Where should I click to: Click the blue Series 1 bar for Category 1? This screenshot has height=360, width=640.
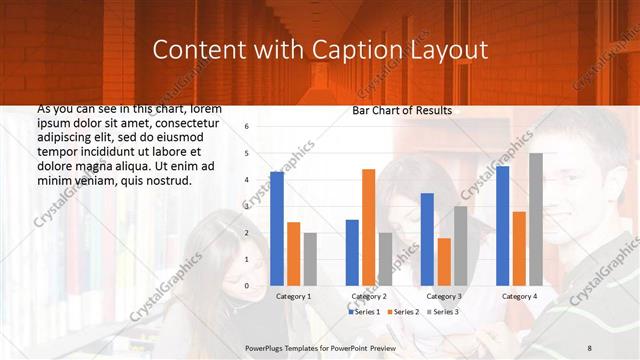[277, 229]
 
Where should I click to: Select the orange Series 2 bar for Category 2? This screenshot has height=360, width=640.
[368, 227]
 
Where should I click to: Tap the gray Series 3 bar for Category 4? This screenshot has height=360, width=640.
[536, 219]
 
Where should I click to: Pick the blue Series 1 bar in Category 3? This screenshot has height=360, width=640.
[427, 239]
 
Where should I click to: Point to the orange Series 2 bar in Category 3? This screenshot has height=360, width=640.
[443, 262]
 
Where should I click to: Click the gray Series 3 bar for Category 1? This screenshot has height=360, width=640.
[310, 259]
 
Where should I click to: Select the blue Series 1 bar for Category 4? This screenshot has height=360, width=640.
[502, 226]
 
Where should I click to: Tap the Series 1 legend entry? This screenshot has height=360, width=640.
[364, 312]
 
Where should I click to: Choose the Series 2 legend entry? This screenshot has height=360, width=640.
[403, 312]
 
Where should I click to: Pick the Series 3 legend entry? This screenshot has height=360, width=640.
[442, 312]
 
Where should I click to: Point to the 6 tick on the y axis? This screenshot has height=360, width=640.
[247, 127]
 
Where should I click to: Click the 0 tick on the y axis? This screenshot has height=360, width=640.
[247, 286]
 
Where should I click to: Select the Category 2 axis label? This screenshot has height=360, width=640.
[368, 296]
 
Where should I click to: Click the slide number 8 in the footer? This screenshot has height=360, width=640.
[589, 345]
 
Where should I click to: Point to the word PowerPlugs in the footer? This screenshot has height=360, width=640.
[269, 345]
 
